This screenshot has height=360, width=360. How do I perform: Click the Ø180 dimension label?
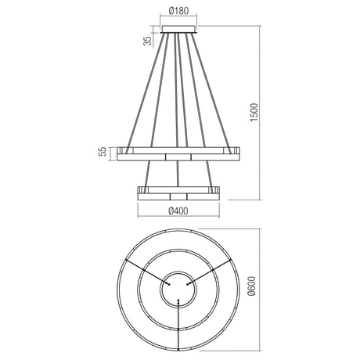(x=178, y=11)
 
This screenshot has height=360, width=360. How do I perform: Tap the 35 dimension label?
(x=148, y=41)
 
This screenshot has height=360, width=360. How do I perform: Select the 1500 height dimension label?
(x=254, y=112)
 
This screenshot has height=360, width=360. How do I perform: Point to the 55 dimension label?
(x=103, y=152)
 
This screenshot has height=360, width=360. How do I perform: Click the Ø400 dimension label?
(x=178, y=211)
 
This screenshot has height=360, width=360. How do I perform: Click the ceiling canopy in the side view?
(x=178, y=29)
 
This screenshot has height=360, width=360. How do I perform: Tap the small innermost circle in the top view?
(x=178, y=289)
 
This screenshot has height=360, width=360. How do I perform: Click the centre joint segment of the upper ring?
(x=178, y=157)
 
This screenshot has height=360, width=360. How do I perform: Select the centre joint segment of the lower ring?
(x=178, y=196)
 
